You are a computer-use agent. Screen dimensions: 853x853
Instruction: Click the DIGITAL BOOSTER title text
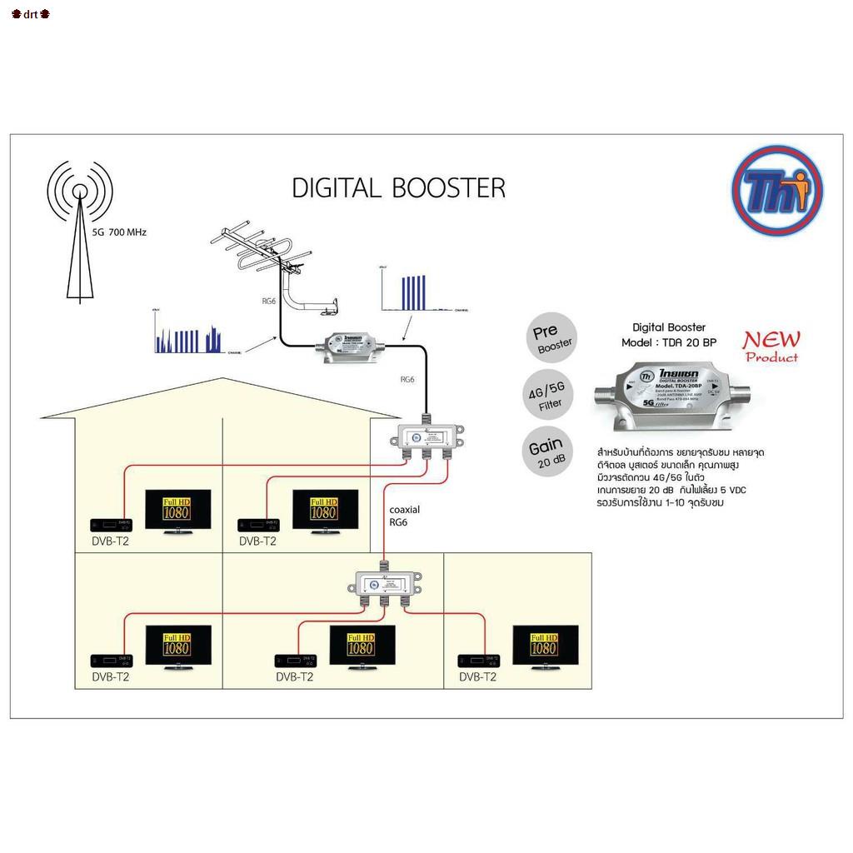click(x=398, y=187)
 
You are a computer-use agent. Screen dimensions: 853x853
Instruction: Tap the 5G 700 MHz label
click(x=119, y=232)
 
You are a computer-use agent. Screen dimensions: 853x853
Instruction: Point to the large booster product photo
click(x=669, y=397)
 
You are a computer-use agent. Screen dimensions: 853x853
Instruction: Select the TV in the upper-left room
click(x=177, y=509)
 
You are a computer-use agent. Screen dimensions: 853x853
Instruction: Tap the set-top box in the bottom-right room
click(x=479, y=661)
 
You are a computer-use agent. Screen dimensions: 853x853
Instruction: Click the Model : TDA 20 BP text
click(x=668, y=342)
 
